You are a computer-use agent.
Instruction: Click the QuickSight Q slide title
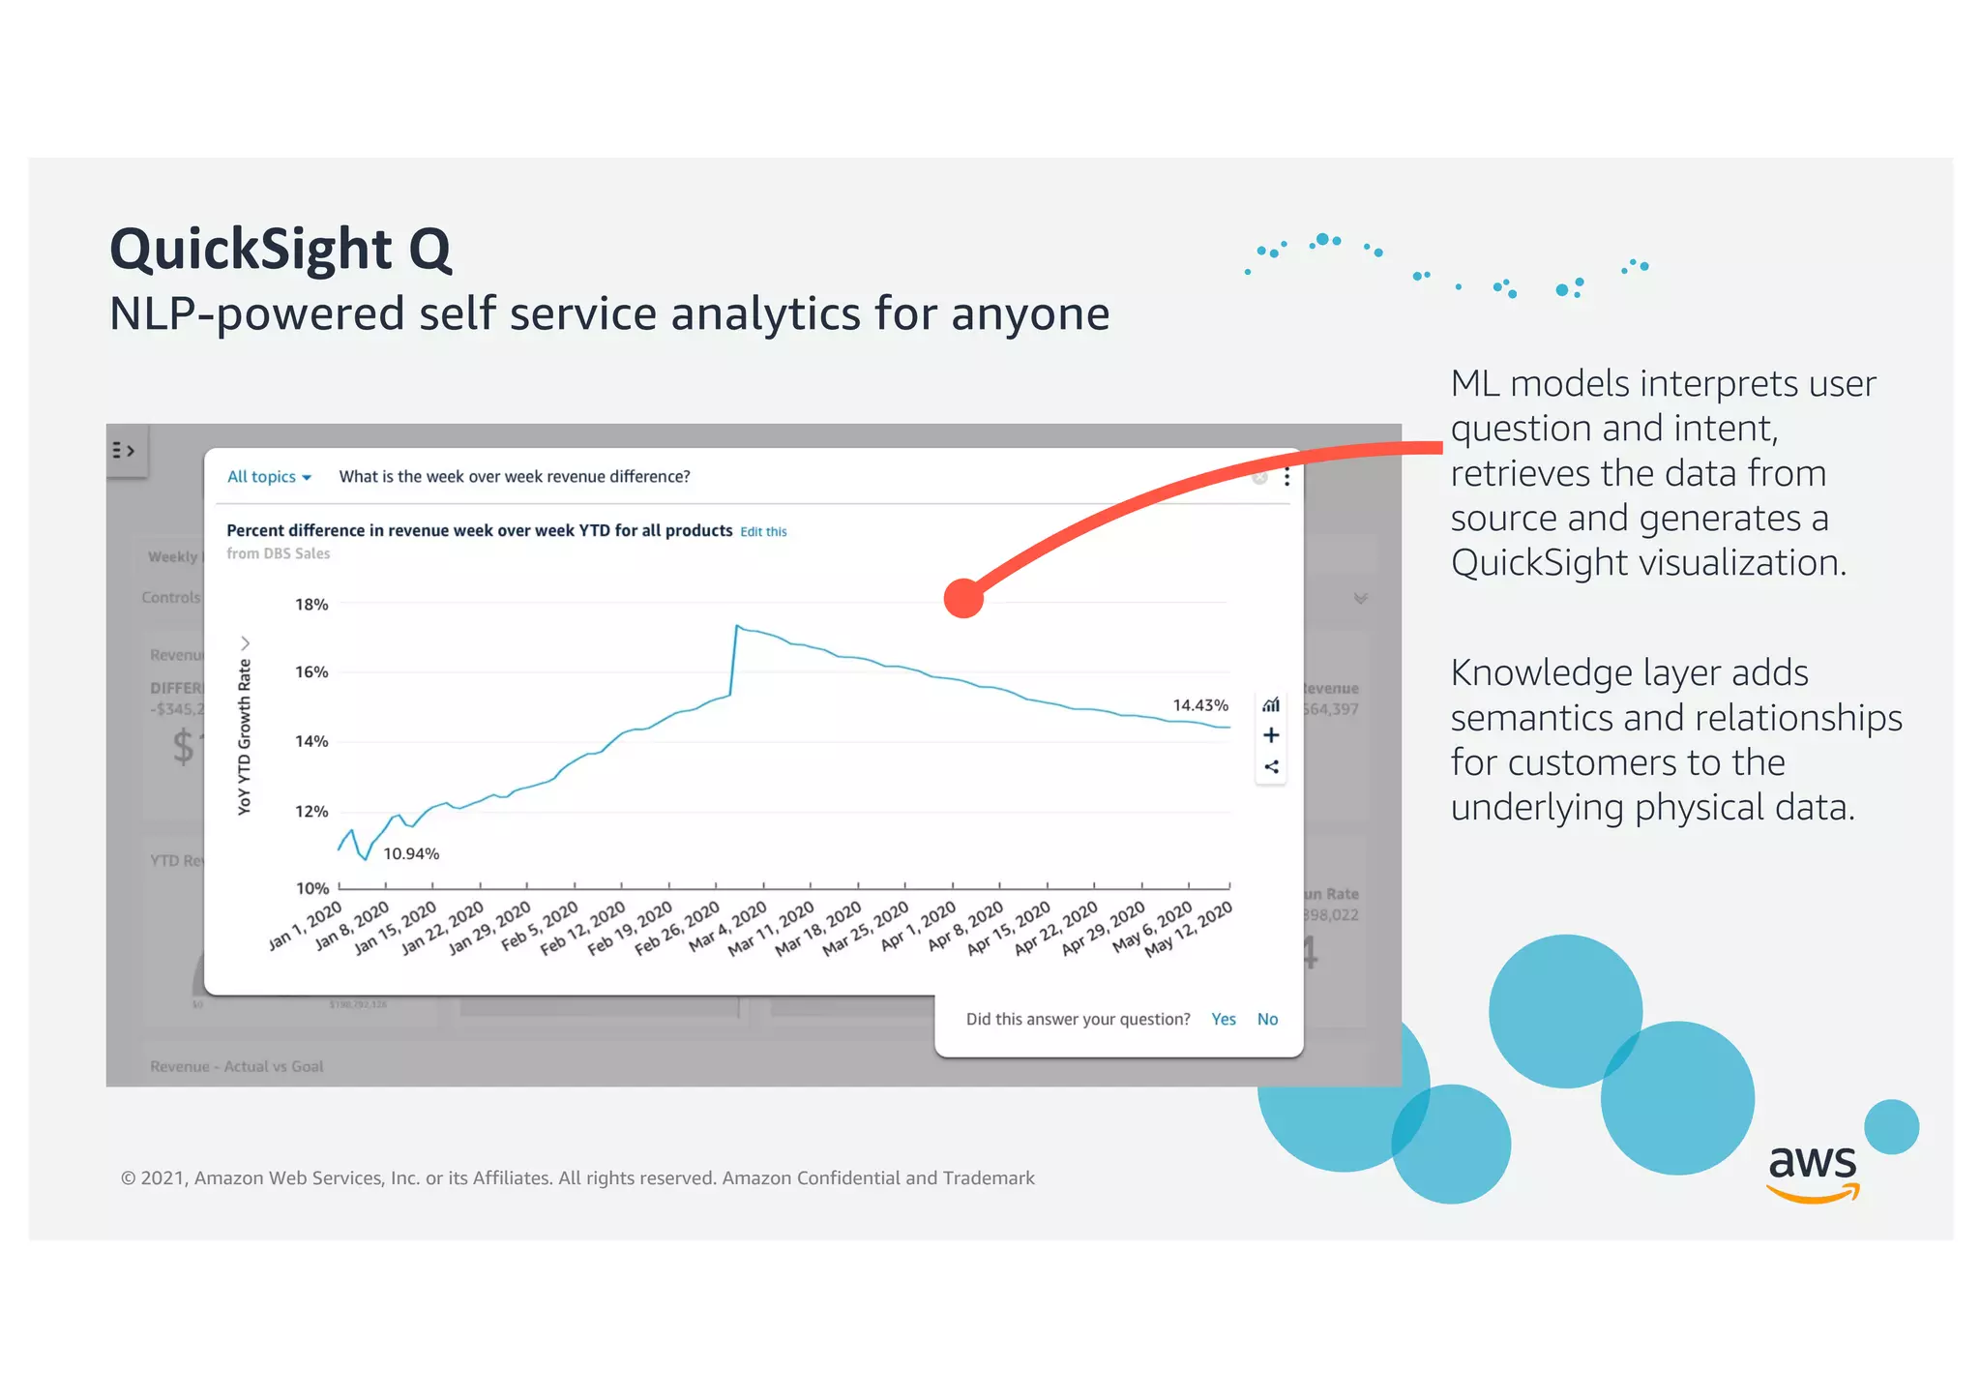pyautogui.click(x=281, y=250)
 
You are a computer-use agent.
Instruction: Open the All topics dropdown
pyautogui.click(x=269, y=477)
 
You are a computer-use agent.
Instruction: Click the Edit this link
pyautogui.click(x=763, y=532)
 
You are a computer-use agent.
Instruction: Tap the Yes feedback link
pyautogui.click(x=1223, y=1019)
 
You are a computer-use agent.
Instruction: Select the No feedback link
pyautogui.click(x=1267, y=1019)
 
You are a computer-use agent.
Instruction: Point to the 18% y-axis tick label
pyautogui.click(x=311, y=605)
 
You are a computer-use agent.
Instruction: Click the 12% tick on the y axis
pyautogui.click(x=311, y=812)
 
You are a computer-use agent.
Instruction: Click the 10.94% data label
pyautogui.click(x=411, y=853)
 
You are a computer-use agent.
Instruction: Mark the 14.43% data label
pyautogui.click(x=1199, y=705)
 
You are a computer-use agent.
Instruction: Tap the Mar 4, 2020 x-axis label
pyautogui.click(x=728, y=927)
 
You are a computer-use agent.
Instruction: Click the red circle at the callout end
pyautogui.click(x=963, y=598)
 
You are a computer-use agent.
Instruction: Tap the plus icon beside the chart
pyautogui.click(x=1271, y=735)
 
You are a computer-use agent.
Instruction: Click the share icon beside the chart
pyautogui.click(x=1271, y=767)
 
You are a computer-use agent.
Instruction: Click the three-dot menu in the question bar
pyautogui.click(x=1286, y=477)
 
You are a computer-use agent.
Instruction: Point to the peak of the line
pyautogui.click(x=737, y=626)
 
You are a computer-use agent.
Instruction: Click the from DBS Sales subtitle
pyautogui.click(x=279, y=553)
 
